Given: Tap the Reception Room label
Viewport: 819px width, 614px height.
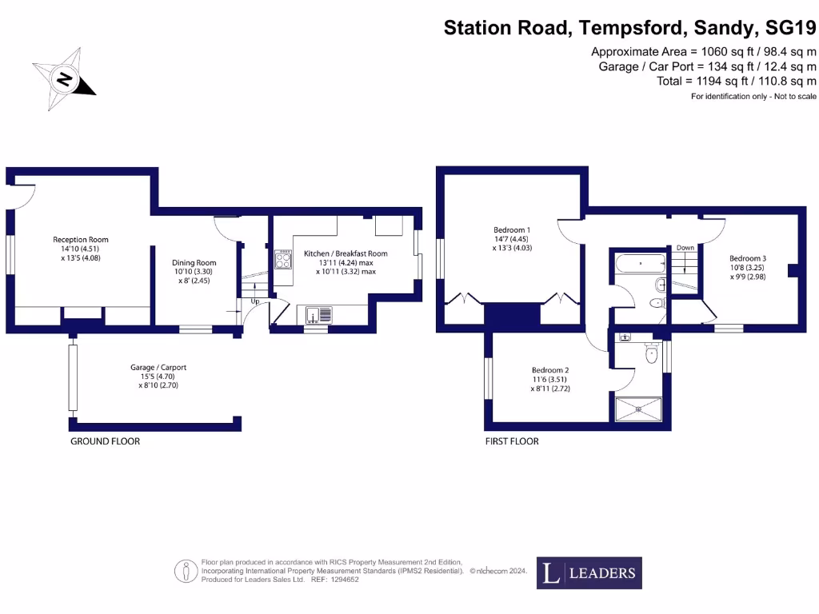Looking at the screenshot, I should point(81,249).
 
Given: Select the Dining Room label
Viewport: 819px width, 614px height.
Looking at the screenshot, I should point(194,271).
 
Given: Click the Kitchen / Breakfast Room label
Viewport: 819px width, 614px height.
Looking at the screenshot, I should point(346,262).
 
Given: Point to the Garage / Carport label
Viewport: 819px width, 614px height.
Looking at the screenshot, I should point(158,376).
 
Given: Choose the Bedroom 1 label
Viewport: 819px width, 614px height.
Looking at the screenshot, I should point(512,239).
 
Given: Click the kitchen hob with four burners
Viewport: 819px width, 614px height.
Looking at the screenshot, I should point(284,259).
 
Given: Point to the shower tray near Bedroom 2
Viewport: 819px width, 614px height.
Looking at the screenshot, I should point(638,408).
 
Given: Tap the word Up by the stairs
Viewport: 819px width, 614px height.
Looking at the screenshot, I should point(255,301).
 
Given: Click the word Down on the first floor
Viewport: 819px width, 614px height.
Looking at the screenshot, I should point(685,248).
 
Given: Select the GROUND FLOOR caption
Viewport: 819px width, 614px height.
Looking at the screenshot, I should point(105,441).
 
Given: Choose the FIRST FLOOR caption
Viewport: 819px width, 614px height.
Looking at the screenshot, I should point(512,441).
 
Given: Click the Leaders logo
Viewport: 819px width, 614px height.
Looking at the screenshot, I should point(589,572).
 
